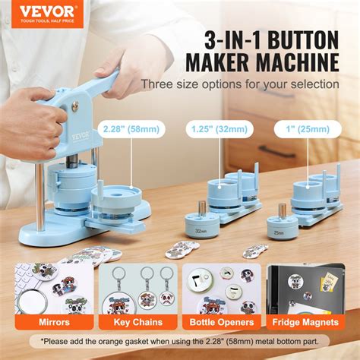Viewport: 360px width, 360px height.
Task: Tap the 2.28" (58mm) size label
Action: [x=131, y=128]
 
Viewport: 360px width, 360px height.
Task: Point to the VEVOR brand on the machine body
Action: [x=81, y=138]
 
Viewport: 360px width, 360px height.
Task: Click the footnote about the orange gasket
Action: [x=181, y=343]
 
